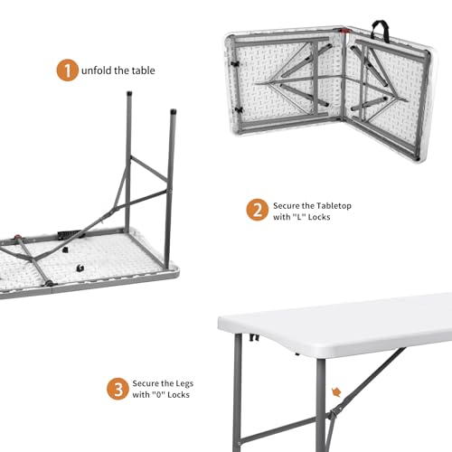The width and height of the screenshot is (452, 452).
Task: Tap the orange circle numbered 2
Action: tap(256, 211)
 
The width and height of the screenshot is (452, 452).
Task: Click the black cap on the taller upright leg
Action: tap(172, 113)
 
